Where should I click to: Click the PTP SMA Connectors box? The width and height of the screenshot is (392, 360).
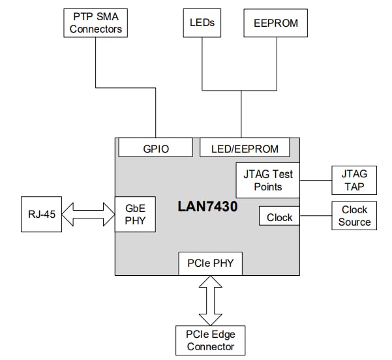coord(96,23)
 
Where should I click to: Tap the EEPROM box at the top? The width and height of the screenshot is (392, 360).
coord(275,23)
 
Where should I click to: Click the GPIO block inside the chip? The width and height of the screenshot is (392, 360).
coord(155,149)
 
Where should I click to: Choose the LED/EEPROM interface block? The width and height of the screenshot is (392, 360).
coord(245,149)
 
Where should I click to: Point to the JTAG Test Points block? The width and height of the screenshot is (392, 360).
coord(267,180)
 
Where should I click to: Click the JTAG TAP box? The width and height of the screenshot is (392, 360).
coord(354,180)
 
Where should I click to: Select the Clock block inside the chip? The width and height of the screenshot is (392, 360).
coord(279,217)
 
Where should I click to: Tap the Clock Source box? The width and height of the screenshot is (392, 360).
coord(354,216)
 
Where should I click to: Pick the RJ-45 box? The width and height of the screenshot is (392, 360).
coord(40,215)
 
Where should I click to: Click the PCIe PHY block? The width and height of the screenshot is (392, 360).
coord(210,263)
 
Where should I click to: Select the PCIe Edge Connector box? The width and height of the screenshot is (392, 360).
coord(210,340)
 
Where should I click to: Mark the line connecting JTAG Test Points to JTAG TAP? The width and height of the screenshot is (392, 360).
coord(316,180)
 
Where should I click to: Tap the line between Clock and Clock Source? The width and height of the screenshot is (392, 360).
coord(316,217)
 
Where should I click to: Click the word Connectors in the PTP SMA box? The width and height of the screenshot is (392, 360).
coord(96,29)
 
